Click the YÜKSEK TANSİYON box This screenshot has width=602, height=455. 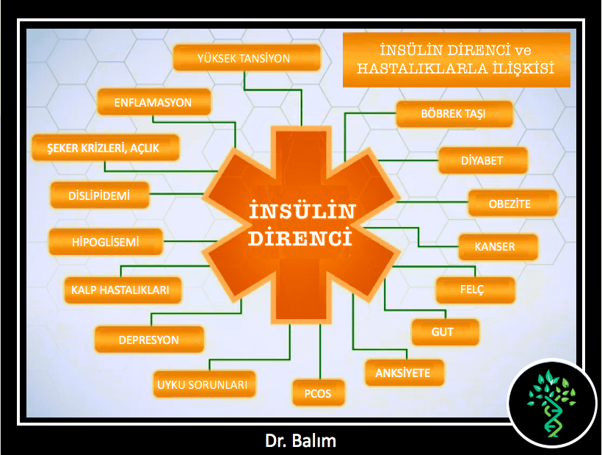tap(247, 58)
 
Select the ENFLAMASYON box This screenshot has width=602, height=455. tap(154, 102)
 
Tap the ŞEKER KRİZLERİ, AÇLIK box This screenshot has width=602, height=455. tap(105, 148)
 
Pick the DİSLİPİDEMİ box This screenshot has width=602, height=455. tap(99, 196)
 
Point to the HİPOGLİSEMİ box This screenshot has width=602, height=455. tap(106, 242)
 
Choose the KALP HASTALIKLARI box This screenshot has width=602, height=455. tap(123, 290)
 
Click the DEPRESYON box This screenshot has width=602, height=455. tap(149, 340)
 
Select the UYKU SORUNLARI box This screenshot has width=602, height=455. tap(204, 384)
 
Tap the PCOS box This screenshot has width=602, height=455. tap(319, 393)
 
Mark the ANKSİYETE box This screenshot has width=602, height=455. tap(405, 373)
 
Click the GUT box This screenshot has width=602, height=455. tap(446, 332)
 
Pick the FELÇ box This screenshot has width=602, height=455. tap(475, 290)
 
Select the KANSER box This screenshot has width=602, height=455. tap(498, 247)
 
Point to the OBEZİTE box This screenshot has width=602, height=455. tap(512, 203)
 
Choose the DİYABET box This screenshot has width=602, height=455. tap(482, 160)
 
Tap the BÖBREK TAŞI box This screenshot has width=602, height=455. tap(454, 114)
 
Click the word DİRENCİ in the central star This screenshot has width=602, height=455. tap(300, 238)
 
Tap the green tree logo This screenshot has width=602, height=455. tap(551, 403)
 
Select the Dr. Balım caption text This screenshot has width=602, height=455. tap(300, 441)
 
